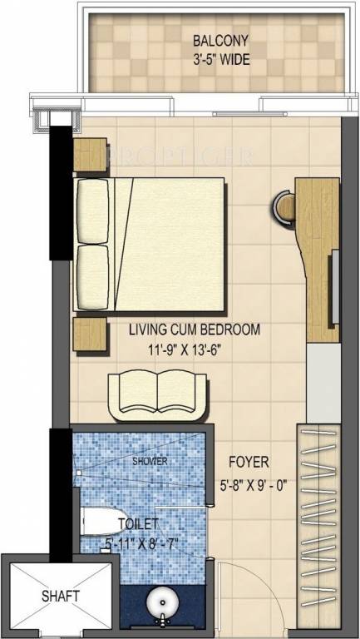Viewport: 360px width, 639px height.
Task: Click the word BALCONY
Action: tap(220, 41)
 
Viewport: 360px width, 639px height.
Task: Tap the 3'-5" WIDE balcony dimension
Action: tap(220, 60)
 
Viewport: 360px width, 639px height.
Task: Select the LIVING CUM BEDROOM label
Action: tap(195, 329)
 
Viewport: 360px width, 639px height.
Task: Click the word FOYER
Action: tap(249, 462)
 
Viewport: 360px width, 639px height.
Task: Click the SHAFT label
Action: tap(60, 597)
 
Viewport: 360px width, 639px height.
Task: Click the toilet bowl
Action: tap(101, 521)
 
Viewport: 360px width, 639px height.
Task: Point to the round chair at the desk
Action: tap(284, 207)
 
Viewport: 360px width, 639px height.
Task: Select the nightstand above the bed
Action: tap(90, 155)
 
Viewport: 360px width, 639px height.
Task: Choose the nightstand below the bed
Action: tap(90, 334)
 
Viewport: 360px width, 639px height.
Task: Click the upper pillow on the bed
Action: tap(93, 211)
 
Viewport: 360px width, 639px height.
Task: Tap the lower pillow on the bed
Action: tap(93, 276)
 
